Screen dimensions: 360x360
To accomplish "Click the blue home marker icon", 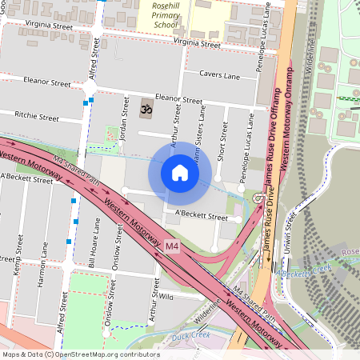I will click(x=180, y=173).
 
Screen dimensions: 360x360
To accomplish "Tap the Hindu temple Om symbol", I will click(x=146, y=106).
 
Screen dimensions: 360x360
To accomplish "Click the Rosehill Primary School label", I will click(x=165, y=14).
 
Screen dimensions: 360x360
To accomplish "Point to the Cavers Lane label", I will click(x=221, y=76).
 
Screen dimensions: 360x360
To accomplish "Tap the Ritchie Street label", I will click(x=37, y=117).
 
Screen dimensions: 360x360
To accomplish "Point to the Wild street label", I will click(x=166, y=296).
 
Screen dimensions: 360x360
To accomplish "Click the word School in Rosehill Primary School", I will click(x=165, y=24).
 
